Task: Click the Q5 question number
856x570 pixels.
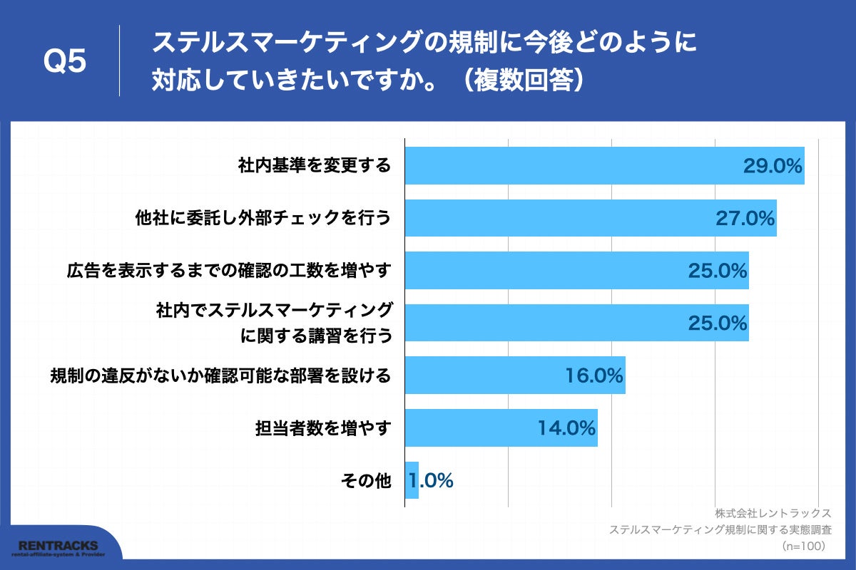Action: click(65, 62)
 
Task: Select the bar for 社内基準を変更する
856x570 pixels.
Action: click(571, 166)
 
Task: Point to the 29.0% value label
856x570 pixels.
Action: click(773, 166)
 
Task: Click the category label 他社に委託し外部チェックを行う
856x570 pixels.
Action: click(264, 218)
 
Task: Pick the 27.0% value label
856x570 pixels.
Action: click(745, 218)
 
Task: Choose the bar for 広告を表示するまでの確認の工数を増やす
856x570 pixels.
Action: click(542, 271)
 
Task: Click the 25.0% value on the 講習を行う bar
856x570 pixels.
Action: click(718, 323)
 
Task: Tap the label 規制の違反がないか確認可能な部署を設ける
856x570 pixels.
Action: click(220, 375)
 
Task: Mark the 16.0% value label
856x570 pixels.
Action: click(594, 375)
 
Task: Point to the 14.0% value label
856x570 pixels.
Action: click(566, 427)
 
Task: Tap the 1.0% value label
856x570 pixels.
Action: click(432, 481)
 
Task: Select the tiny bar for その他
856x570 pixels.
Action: click(412, 480)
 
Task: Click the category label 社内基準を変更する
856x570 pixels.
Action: click(315, 166)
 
